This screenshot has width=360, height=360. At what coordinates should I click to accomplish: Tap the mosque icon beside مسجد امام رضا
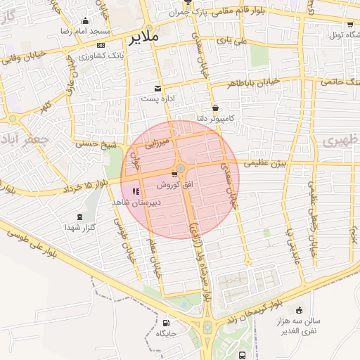[x=86, y=21]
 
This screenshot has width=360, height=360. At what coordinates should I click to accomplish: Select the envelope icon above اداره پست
[x=157, y=89]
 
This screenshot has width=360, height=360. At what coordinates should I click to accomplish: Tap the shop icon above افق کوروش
[x=174, y=174]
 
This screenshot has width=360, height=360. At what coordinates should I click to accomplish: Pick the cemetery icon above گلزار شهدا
[x=77, y=216]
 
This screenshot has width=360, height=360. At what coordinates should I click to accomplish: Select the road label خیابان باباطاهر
[x=254, y=83]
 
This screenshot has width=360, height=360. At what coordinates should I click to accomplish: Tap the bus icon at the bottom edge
[x=243, y=355]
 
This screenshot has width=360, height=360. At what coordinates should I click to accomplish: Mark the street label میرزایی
[x=157, y=141]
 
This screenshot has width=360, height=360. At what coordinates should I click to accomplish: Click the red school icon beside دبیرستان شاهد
[x=136, y=191]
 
